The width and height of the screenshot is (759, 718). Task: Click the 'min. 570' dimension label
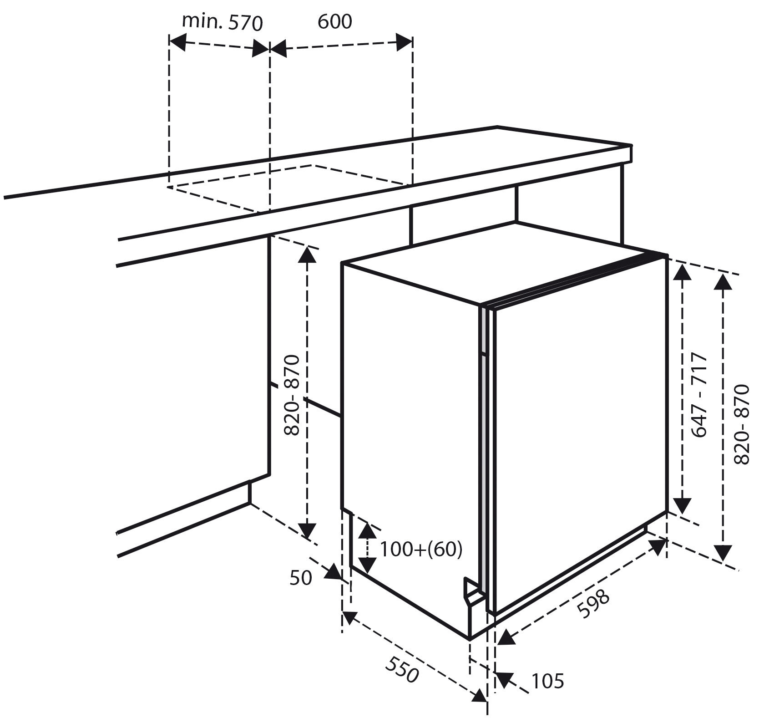223,22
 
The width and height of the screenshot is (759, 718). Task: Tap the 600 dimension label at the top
335,21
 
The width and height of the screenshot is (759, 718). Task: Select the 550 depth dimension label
402,670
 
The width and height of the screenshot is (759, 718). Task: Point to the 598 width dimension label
592,604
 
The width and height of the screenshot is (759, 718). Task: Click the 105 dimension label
547,681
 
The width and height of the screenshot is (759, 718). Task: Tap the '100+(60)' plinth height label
421,550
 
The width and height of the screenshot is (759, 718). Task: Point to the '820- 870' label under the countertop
291,395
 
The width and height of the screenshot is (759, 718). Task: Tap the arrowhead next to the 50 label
333,572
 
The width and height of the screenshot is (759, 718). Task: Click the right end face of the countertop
631,154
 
